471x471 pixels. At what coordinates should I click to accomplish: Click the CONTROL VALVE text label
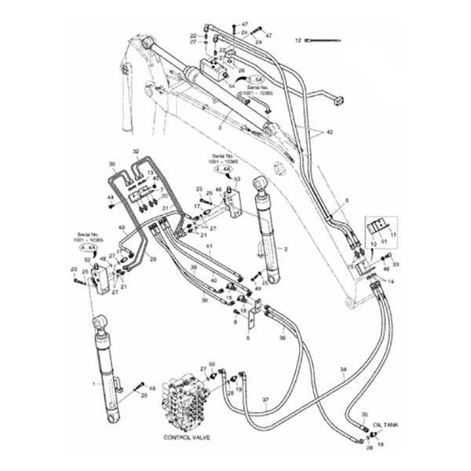pyautogui.click(x=186, y=436)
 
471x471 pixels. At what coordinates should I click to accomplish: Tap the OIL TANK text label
pyautogui.click(x=385, y=423)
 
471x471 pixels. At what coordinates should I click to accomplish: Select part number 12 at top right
pyautogui.click(x=298, y=38)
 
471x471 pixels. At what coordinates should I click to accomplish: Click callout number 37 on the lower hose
pyautogui.click(x=265, y=400)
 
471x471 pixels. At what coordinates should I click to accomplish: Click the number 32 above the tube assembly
pyautogui.click(x=136, y=151)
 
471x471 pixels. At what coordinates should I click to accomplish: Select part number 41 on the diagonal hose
pyautogui.click(x=210, y=247)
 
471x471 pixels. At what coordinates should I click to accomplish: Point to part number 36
pyautogui.click(x=283, y=338)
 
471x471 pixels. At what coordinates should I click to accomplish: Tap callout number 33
pyautogui.click(x=396, y=265)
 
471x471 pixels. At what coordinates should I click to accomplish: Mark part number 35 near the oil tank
pyautogui.click(x=363, y=414)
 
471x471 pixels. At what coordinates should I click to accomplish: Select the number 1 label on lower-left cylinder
pyautogui.click(x=94, y=384)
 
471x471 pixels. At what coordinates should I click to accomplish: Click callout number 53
pyautogui.click(x=238, y=178)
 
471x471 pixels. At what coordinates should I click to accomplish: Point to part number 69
pyautogui.click(x=152, y=388)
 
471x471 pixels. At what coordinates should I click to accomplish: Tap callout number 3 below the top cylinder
pyautogui.click(x=221, y=126)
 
